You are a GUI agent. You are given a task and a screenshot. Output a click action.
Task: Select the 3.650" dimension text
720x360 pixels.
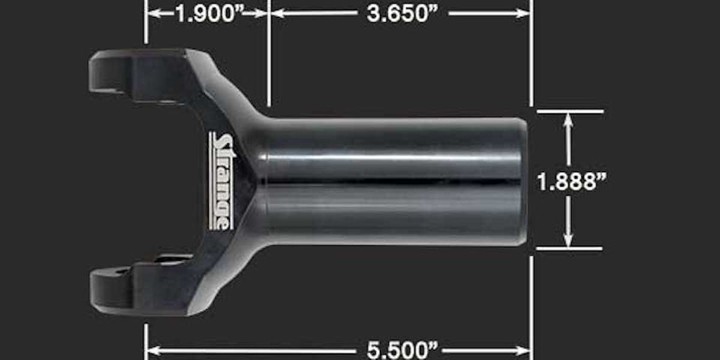[403, 14]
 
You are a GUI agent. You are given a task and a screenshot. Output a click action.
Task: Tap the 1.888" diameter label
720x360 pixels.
[571, 182]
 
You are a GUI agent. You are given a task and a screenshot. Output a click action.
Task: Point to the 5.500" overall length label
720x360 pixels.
[403, 350]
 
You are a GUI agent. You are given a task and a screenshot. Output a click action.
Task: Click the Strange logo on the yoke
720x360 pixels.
[223, 181]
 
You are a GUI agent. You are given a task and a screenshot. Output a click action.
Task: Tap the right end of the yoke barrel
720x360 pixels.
[524, 182]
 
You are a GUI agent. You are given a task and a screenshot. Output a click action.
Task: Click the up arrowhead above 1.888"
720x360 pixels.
[568, 121]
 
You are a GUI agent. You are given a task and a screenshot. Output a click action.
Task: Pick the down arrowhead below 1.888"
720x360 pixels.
[568, 239]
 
